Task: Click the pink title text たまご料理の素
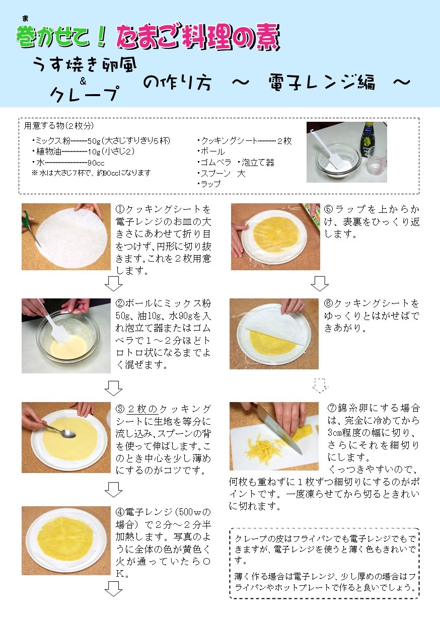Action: [198, 37]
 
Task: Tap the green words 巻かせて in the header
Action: [53, 36]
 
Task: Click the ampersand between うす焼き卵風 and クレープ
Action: [83, 81]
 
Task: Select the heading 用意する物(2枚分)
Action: [58, 126]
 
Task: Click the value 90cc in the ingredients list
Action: [96, 163]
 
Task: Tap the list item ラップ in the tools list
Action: [209, 184]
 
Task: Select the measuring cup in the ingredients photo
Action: [377, 162]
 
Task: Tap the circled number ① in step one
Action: [120, 209]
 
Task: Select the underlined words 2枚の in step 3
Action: [142, 409]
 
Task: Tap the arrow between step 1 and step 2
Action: [113, 284]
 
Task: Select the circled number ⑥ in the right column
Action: [329, 303]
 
